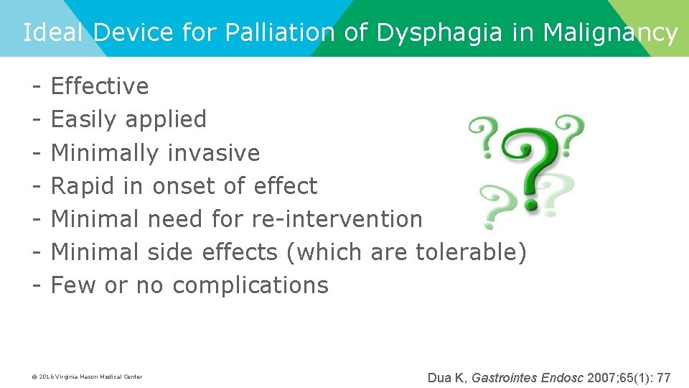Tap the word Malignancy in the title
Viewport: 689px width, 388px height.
tap(610, 32)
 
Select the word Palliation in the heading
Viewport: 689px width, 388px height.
tap(279, 32)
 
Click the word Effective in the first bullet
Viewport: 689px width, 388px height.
tap(100, 86)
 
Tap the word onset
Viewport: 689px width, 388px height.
tap(183, 186)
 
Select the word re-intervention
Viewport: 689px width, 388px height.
tap(337, 218)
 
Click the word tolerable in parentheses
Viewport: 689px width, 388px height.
tap(471, 252)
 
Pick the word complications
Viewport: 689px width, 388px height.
tap(250, 285)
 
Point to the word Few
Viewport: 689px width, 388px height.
tap(74, 285)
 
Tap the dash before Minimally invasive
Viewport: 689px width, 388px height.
tap(35, 152)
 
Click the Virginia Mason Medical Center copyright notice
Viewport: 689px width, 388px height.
tap(87, 377)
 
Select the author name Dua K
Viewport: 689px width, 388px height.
tap(446, 377)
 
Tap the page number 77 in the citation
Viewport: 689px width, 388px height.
tap(664, 377)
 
